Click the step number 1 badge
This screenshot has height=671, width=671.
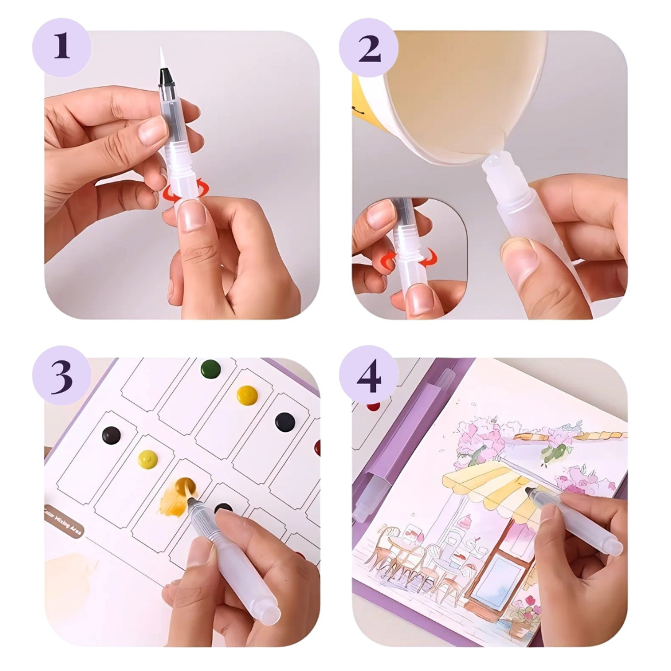61,48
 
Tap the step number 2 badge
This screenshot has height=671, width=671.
368,48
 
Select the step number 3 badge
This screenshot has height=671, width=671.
61,375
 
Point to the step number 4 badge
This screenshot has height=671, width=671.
368,375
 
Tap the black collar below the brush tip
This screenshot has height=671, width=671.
165,77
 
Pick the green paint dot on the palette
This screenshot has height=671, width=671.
211,368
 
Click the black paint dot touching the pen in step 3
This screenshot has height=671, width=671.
222,508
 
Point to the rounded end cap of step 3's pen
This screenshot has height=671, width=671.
269,614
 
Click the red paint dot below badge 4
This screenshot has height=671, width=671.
373,406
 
